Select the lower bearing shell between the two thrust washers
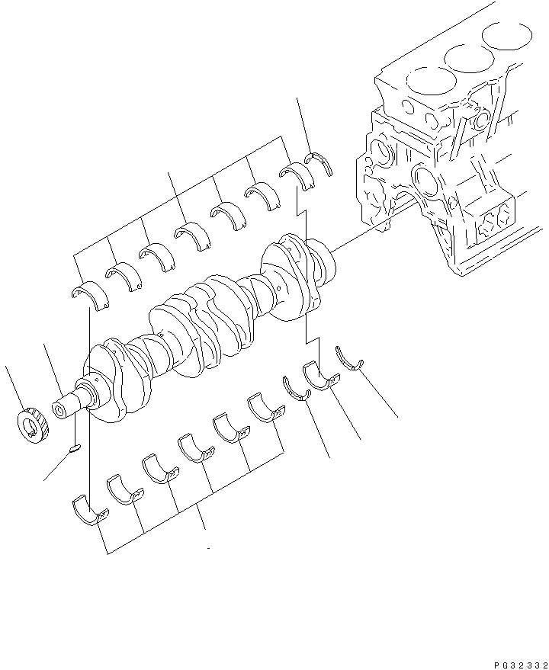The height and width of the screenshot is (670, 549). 319,377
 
